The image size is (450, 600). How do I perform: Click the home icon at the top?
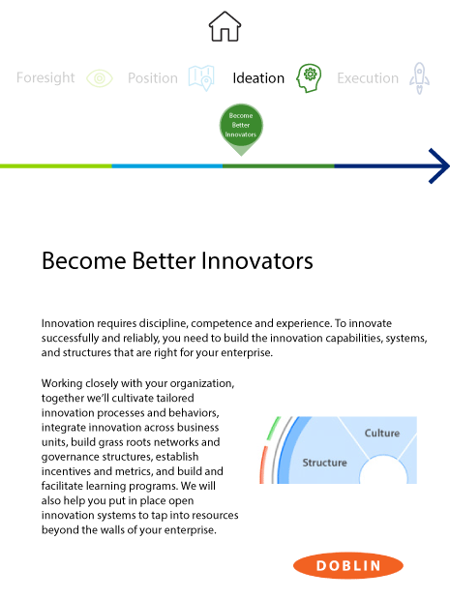point(225,26)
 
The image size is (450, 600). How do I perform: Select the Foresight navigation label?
point(45,78)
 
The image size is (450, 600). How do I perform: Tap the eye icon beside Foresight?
point(100,78)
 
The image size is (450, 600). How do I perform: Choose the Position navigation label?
point(153,78)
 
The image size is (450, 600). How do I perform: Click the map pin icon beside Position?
point(201,77)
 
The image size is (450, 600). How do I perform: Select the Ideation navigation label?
point(258,78)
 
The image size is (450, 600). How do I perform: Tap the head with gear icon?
point(309,78)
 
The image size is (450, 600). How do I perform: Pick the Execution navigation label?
point(368,78)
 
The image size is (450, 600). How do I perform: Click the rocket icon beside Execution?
point(419,78)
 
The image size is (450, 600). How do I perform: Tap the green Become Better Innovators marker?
point(241,126)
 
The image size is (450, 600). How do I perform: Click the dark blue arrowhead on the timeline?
point(439,166)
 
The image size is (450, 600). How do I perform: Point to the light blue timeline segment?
point(167,166)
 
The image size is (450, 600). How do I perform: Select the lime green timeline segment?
point(56,166)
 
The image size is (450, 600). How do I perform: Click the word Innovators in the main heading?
point(256,261)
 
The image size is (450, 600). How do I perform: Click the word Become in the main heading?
point(84,261)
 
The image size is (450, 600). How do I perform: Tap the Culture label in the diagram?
point(382,434)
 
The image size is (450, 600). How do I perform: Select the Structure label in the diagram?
point(324,463)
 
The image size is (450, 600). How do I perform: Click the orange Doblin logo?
point(348,565)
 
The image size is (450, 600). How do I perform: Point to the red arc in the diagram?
point(262,465)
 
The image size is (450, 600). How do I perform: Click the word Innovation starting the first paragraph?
point(68,323)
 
